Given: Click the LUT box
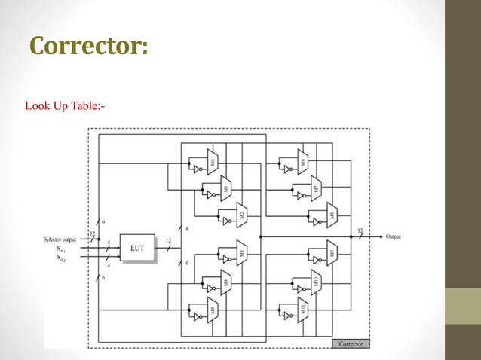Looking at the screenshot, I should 137,247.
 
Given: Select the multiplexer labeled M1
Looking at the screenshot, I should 227,189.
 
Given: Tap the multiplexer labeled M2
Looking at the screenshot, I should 242,215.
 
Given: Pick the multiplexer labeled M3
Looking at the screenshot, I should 242,255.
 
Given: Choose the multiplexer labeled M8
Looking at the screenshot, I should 332,215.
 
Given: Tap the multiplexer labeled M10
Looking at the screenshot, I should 317,284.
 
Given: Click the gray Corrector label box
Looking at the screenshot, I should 350,343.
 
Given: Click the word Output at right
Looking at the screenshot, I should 393,236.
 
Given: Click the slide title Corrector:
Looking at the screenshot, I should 89,46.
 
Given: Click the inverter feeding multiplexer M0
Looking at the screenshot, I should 198,169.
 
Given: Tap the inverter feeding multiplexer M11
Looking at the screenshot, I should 287,316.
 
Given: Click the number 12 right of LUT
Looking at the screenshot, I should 169,240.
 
